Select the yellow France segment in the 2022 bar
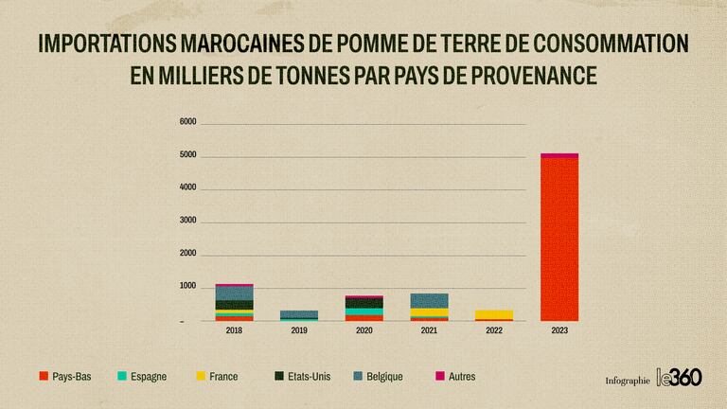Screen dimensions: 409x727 coord(494,313)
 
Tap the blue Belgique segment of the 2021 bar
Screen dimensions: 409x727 coord(429,300)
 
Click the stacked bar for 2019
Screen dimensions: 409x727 coord(299,315)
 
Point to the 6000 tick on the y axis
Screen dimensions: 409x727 coord(186,122)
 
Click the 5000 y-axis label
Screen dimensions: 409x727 coord(186,155)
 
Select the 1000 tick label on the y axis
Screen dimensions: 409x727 coord(186,287)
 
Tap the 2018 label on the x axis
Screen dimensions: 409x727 coord(234,331)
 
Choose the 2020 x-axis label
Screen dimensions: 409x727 coord(364,331)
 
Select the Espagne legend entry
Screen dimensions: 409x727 coord(141,377)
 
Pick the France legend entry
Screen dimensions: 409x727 coord(218,377)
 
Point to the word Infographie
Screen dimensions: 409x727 coord(628,381)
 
